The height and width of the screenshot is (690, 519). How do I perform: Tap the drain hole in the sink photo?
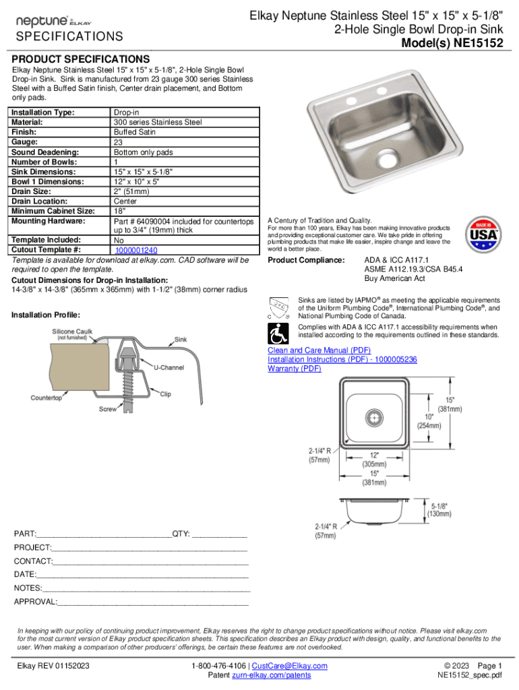click(x=386, y=158)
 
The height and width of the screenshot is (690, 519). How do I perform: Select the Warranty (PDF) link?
click(x=295, y=369)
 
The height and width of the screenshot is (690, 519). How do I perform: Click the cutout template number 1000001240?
click(x=135, y=250)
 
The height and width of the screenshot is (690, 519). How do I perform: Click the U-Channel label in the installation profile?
click(x=170, y=367)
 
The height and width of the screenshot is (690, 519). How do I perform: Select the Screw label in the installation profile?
click(x=108, y=409)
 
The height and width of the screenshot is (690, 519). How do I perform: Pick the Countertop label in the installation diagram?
click(x=47, y=398)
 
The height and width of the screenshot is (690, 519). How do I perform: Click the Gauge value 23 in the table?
click(x=118, y=142)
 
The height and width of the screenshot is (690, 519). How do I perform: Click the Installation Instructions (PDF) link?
click(x=342, y=360)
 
